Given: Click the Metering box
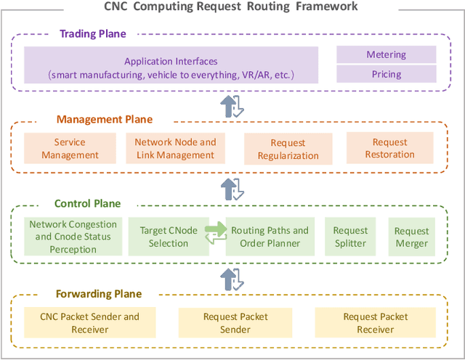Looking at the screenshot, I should click(386, 54).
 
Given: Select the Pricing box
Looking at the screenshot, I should click(386, 74).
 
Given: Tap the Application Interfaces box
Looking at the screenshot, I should click(171, 68).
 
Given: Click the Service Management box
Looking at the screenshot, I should click(70, 148).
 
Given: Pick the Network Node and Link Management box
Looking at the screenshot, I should click(175, 148).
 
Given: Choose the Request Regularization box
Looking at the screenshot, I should click(288, 149).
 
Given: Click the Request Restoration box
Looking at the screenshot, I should click(389, 148).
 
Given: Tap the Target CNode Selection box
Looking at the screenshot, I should click(169, 237).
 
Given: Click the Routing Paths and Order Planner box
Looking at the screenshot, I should click(270, 237).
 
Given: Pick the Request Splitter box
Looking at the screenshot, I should click(350, 237).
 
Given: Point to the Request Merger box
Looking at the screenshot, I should click(411, 237).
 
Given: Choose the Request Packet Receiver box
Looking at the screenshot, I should click(375, 323).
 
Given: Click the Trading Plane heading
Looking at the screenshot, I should click(92, 34).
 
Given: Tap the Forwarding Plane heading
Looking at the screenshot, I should click(99, 294).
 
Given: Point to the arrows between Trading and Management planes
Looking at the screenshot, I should click(232, 105).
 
